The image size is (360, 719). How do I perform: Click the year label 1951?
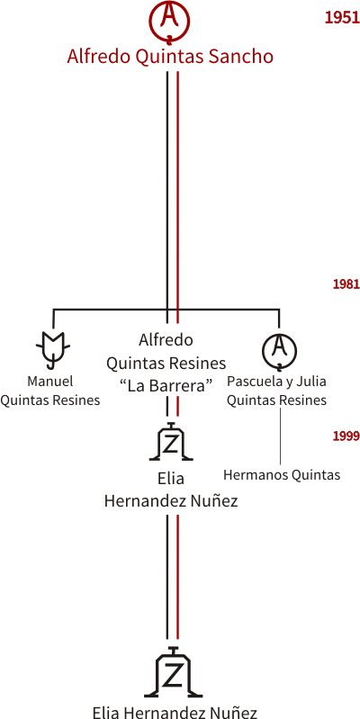pos(342,17)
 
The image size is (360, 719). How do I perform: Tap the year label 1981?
pos(346,284)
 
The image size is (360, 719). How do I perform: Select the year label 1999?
pos(346,436)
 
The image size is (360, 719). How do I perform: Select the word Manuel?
pos(50,381)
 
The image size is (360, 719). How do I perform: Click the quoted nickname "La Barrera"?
pos(166,386)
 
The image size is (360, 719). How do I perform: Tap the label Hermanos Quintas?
pos(282,474)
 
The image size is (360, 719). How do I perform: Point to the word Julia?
pos(313,382)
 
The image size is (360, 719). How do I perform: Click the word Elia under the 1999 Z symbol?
pos(171,478)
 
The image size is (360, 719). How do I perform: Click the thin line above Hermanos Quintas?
pos(280,436)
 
